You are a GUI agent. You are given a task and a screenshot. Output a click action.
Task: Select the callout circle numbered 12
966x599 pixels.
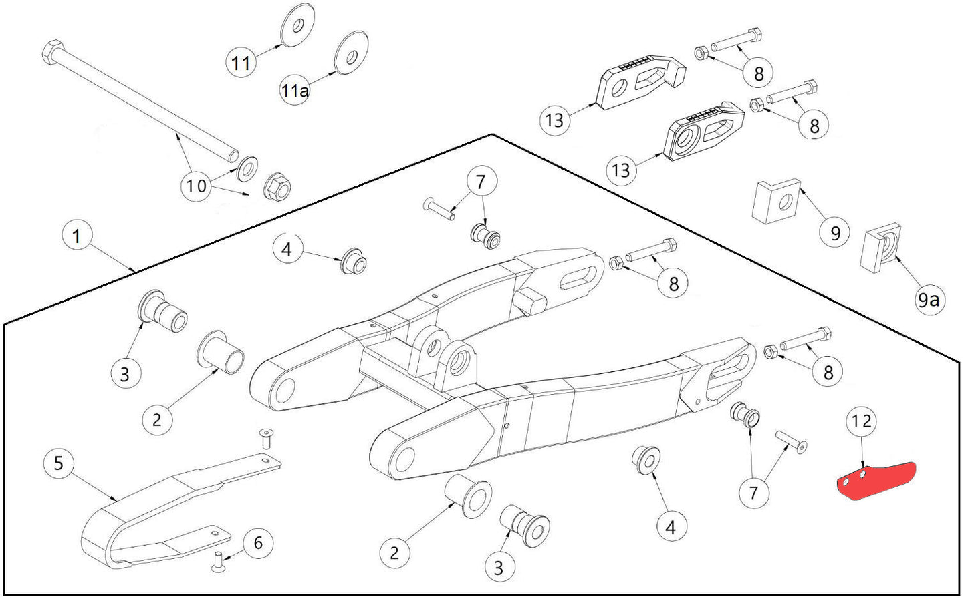(x=861, y=421)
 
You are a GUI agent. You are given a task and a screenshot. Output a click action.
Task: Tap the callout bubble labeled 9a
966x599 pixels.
(x=928, y=300)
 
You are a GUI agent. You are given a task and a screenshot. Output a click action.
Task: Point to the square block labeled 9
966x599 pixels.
(x=776, y=200)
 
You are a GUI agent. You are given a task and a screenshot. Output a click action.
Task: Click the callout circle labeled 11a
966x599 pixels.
(x=295, y=90)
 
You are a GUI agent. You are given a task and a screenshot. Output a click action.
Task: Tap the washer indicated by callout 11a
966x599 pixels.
(x=351, y=51)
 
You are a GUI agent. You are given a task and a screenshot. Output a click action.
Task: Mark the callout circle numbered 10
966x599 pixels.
(x=197, y=185)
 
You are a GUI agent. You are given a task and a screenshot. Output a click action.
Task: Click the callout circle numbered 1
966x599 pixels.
(x=76, y=236)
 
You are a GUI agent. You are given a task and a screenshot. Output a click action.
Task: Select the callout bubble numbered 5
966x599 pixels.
(x=59, y=463)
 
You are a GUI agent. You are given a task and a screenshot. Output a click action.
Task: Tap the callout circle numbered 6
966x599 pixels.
(x=258, y=543)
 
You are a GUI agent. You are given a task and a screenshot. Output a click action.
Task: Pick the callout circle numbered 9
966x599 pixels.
(x=835, y=233)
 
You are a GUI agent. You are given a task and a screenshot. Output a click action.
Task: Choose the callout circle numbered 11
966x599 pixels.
(x=241, y=63)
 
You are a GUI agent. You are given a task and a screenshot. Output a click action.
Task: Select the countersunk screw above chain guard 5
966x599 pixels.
(x=266, y=438)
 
